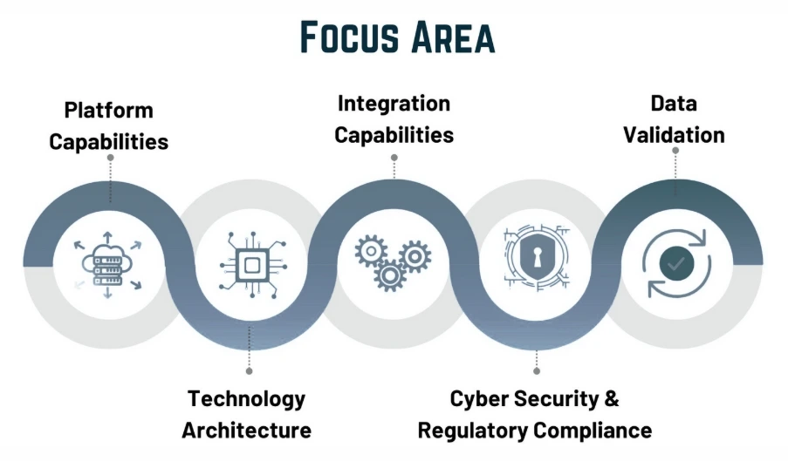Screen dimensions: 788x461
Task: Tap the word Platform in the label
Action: pyautogui.click(x=108, y=111)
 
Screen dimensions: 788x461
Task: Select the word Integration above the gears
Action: pyautogui.click(x=394, y=105)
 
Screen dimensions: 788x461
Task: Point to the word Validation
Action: pyautogui.click(x=675, y=135)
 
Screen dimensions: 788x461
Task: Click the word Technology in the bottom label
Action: pyautogui.click(x=247, y=399)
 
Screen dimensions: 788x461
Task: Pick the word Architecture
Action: pyautogui.click(x=247, y=430)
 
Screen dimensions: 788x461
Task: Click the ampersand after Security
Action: pyautogui.click(x=611, y=399)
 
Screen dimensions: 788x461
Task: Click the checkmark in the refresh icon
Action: pyautogui.click(x=675, y=262)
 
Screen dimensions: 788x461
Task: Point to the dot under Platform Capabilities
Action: pyautogui.click(x=110, y=158)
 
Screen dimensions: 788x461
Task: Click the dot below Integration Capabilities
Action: pyautogui.click(x=394, y=158)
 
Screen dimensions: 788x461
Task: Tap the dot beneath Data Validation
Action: pyautogui.click(x=675, y=150)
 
